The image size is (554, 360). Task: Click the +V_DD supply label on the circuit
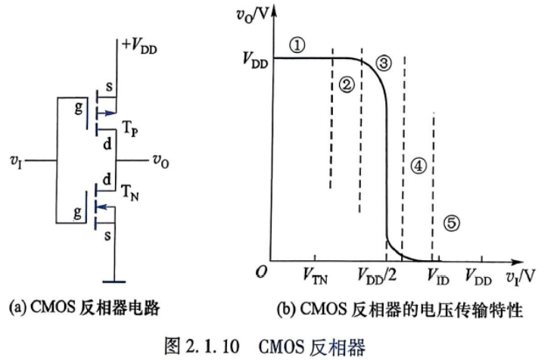point(139,46)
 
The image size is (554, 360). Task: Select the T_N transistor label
point(130,193)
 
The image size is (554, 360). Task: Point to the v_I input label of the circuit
point(16,162)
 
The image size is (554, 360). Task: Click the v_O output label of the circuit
point(160,161)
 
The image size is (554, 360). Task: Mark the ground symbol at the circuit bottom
point(114,281)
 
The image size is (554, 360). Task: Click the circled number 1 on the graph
point(297,45)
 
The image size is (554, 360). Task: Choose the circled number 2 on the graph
point(347,85)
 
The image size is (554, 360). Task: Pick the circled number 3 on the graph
point(384,64)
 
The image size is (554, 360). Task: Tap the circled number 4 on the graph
point(419,166)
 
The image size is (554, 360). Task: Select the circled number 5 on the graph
point(452,223)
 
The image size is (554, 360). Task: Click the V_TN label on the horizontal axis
point(316,276)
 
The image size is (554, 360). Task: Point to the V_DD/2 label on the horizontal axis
point(377,275)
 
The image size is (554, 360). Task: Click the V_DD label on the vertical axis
point(256,61)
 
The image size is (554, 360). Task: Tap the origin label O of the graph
point(261,272)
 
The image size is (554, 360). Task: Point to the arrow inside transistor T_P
point(105,113)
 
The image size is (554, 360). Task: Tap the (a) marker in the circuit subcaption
point(17,307)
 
